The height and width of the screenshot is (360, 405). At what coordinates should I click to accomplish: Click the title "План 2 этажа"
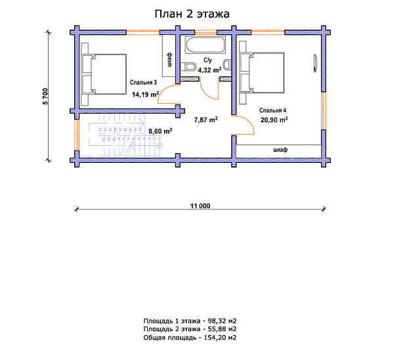[x=192, y=14]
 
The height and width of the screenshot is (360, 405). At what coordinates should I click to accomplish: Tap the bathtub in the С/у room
[x=205, y=45]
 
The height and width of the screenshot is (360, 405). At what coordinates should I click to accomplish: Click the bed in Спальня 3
[x=104, y=74]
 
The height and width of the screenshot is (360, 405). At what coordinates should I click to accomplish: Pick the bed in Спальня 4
[x=262, y=73]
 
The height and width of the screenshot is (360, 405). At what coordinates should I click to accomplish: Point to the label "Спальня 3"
[x=143, y=82]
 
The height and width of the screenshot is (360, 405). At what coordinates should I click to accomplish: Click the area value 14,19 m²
[x=146, y=95]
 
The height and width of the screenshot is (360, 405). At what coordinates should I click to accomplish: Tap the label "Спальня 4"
[x=273, y=110]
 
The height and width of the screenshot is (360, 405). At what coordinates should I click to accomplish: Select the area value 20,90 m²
[x=274, y=120]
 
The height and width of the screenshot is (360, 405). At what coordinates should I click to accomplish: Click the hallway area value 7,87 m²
[x=206, y=120]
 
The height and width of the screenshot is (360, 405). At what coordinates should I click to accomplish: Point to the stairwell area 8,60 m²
[x=160, y=131]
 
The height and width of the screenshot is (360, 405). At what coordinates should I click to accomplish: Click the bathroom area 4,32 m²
[x=210, y=70]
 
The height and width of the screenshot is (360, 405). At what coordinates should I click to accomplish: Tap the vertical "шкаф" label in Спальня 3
[x=169, y=59]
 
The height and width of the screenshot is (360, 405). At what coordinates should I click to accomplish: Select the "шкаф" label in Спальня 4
[x=280, y=150]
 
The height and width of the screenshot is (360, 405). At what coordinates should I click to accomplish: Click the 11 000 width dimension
[x=200, y=206]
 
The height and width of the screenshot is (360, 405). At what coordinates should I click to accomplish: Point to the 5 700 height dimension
[x=45, y=97]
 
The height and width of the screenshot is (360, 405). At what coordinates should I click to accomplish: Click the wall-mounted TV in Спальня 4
[x=315, y=63]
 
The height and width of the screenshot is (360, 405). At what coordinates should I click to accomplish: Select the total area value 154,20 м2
[x=221, y=338]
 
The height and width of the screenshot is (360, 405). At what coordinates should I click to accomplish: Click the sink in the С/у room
[x=227, y=65]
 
